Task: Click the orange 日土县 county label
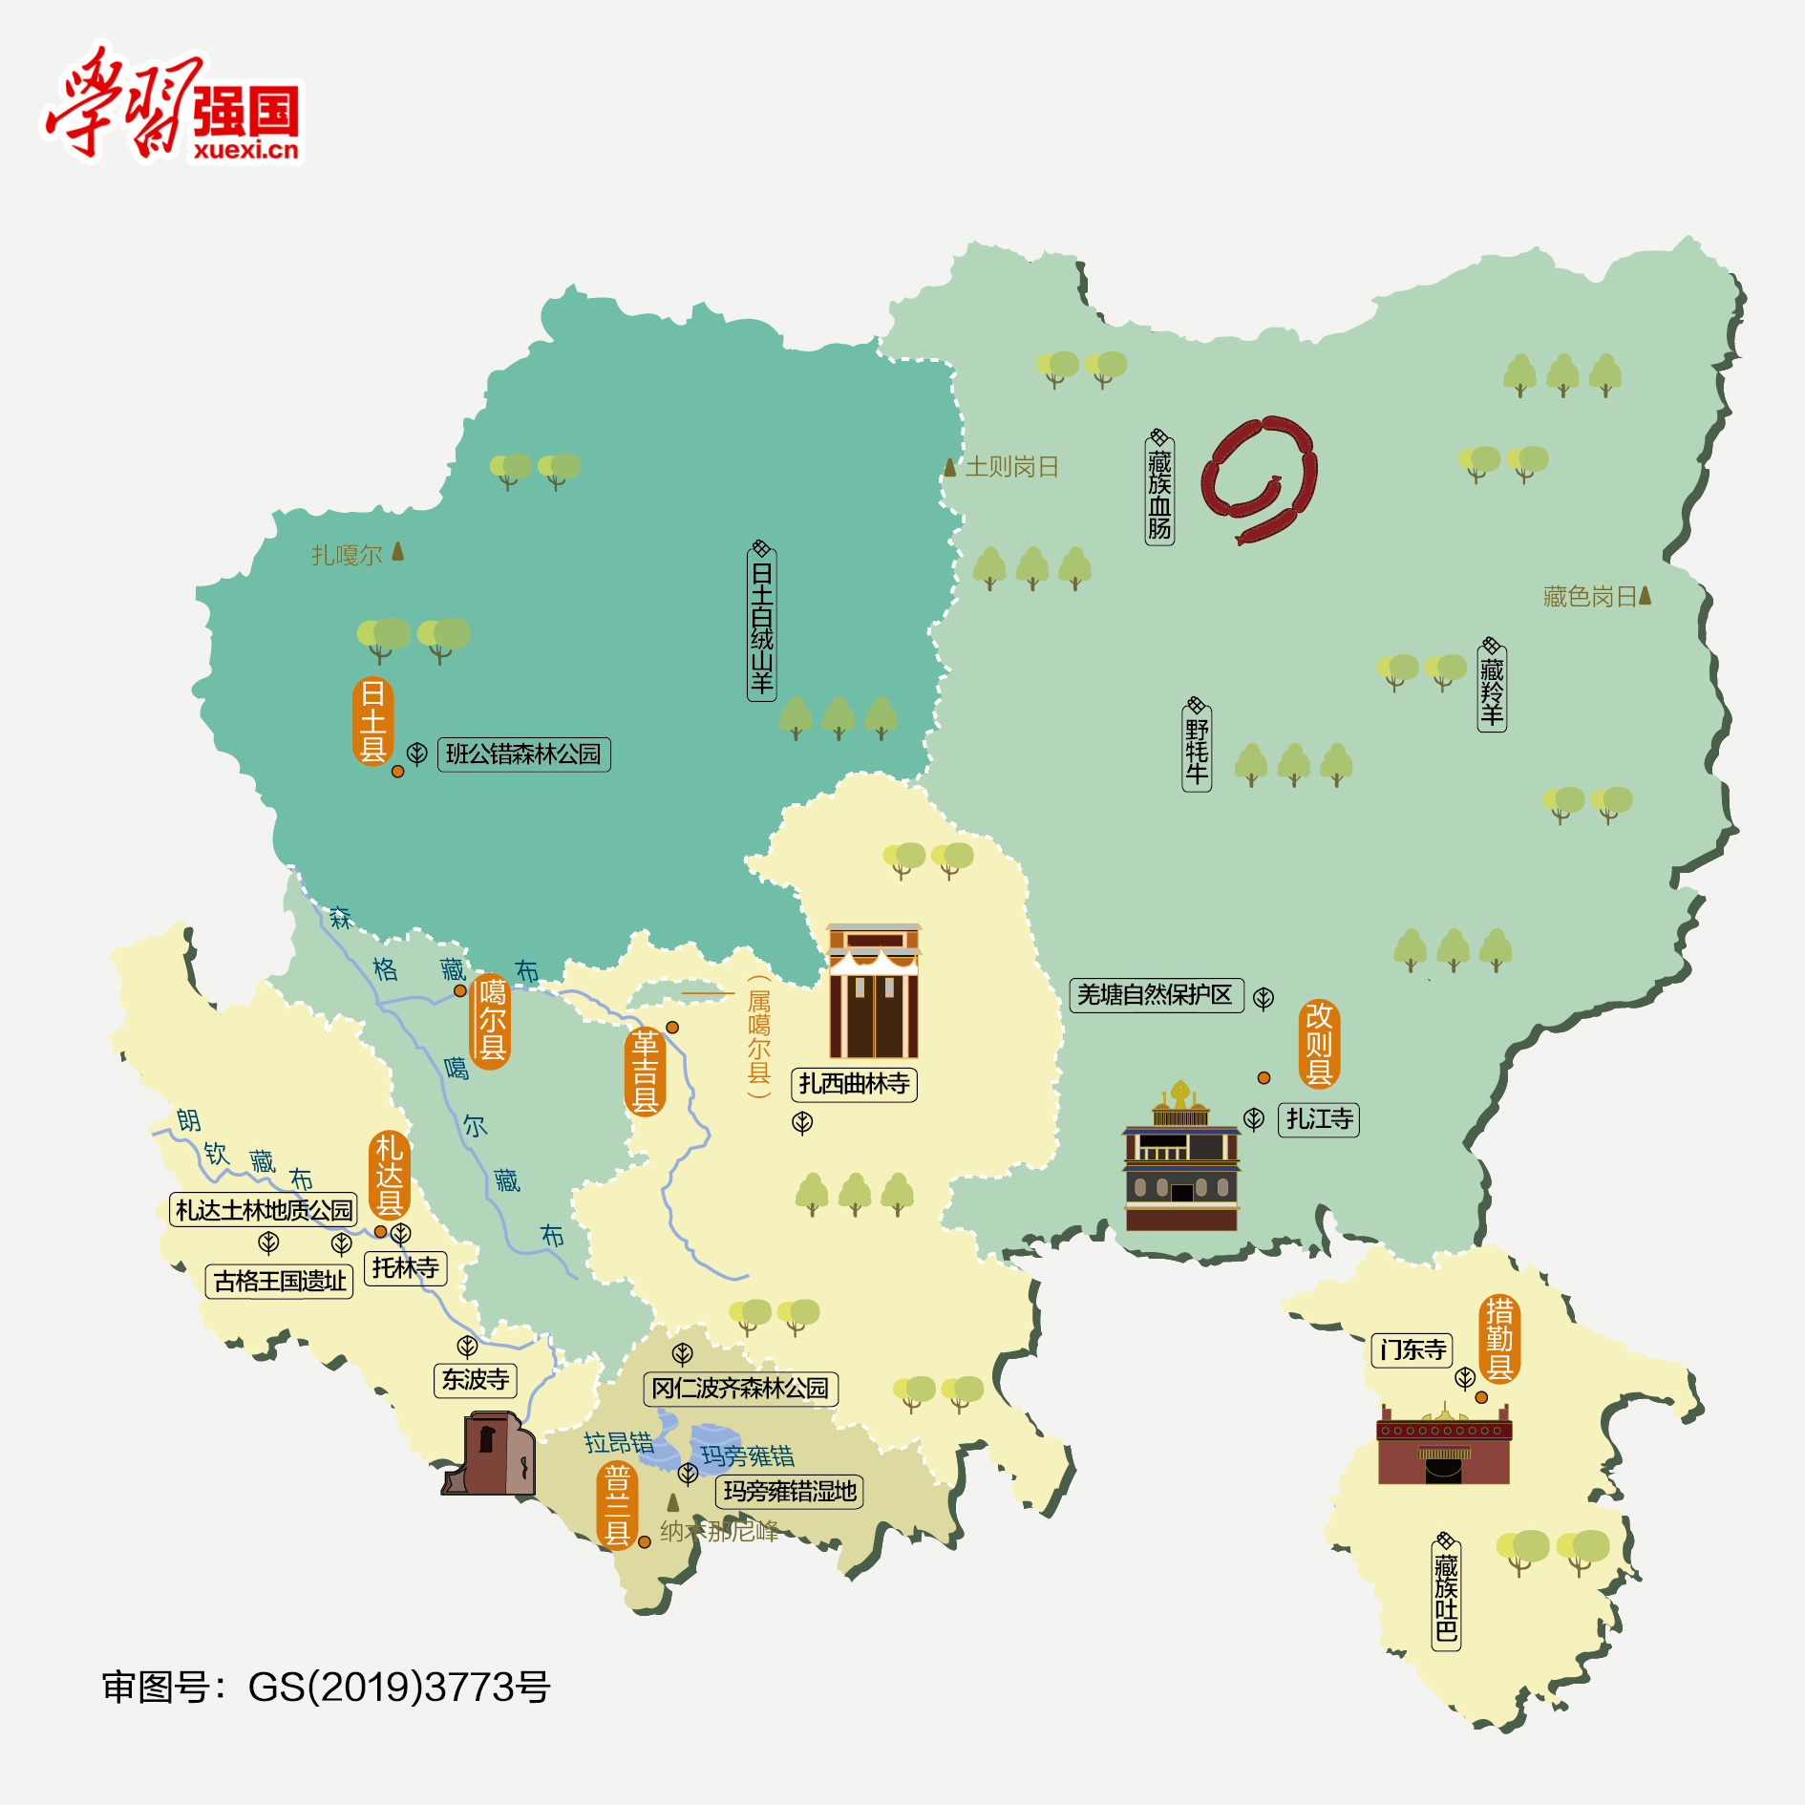[x=372, y=721]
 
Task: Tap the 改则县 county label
[x=1319, y=1044]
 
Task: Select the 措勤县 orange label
[x=1499, y=1339]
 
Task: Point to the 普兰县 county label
[x=617, y=1506]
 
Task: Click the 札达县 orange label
[x=390, y=1176]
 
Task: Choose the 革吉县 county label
[x=645, y=1072]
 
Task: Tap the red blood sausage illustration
[x=1259, y=478]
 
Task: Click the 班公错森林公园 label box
[x=523, y=754]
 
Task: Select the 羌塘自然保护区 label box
[x=1156, y=995]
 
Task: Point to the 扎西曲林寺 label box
[x=854, y=1084]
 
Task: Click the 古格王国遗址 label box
[x=279, y=1281]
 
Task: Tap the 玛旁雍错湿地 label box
[x=789, y=1492]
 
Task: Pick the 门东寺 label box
[x=1412, y=1350]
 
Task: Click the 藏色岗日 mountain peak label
[x=1591, y=597]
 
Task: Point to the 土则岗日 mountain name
[x=1010, y=467]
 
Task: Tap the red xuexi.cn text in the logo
[x=245, y=150]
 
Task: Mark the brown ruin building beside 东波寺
[x=489, y=1454]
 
